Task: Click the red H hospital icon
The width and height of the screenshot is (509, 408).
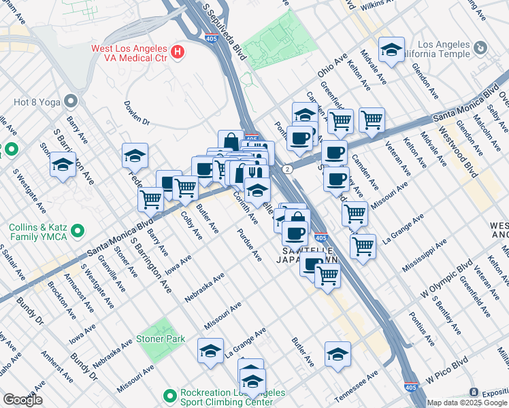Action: point(178,51)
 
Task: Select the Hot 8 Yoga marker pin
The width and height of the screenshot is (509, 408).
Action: point(71,102)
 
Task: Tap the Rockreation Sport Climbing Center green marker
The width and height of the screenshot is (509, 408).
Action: point(170,394)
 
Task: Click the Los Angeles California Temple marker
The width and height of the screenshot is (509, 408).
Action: point(481,48)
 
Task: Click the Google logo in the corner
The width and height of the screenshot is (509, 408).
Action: point(22,400)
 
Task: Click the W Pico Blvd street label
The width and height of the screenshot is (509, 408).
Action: point(448,369)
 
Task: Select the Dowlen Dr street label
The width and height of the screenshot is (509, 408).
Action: point(136,114)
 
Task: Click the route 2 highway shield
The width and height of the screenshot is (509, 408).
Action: point(289,168)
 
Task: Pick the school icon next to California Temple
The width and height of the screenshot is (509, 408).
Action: point(392,50)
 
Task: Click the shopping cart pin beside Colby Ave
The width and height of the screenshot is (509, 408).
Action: point(185,188)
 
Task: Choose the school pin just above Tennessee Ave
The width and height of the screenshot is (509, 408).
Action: point(338,354)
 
